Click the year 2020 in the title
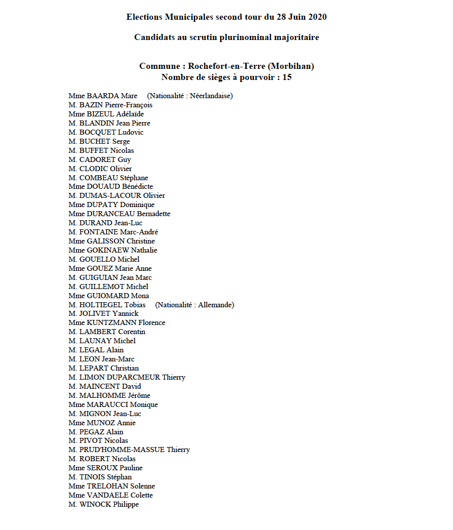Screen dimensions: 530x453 pyautogui.click(x=316, y=17)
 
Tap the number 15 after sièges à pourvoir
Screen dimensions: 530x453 pyautogui.click(x=286, y=77)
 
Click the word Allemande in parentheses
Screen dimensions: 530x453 pyautogui.click(x=216, y=305)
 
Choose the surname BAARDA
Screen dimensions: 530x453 pyautogui.click(x=103, y=96)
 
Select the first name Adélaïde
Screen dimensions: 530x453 pyautogui.click(x=130, y=114)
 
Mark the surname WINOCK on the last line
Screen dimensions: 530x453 pyautogui.click(x=95, y=504)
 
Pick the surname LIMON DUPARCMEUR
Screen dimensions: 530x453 pyautogui.click(x=119, y=377)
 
